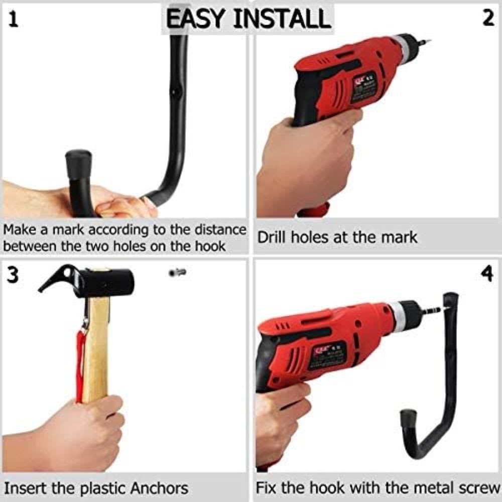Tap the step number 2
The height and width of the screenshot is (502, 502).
pos(487,19)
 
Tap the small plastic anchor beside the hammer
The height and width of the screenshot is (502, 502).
pos(177,273)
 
